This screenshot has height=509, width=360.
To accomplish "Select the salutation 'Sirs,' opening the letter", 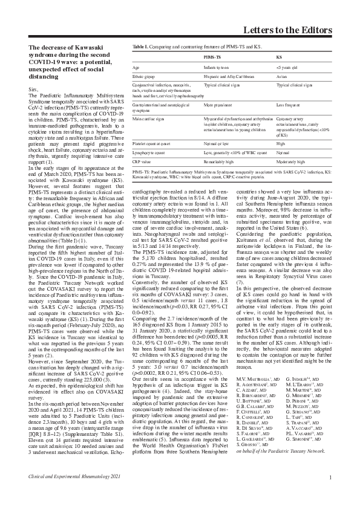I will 34,88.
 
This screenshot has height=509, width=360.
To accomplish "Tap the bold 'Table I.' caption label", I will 140,47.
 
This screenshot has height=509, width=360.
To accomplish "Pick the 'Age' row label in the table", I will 136,66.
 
